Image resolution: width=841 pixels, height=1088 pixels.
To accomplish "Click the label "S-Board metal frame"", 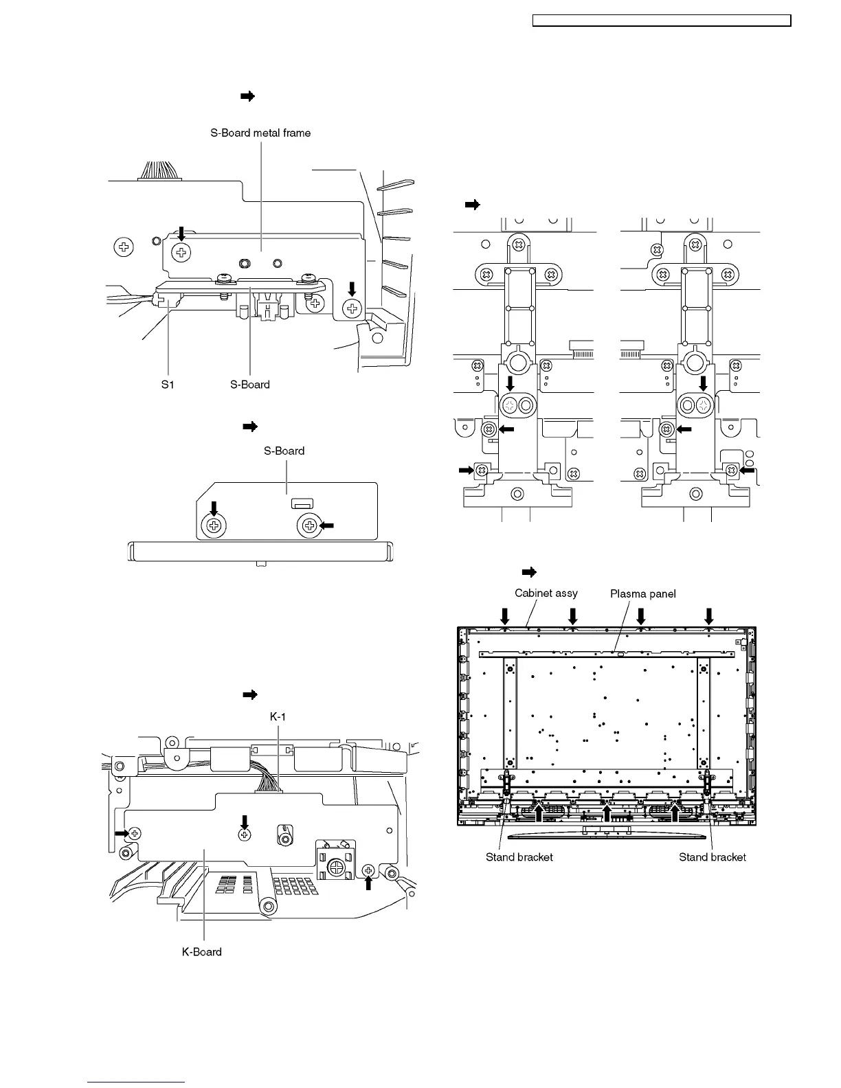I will (260, 133).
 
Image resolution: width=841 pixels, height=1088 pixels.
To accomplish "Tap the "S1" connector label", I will (168, 385).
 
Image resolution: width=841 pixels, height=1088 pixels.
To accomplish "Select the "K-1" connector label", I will (278, 716).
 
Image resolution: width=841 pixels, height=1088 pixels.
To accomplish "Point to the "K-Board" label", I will (202, 951).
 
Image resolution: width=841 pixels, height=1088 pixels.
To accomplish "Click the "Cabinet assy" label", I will (546, 593).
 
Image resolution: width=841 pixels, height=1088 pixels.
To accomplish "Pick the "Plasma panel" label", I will (643, 593).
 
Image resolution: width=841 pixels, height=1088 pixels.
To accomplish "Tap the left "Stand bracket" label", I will (519, 857).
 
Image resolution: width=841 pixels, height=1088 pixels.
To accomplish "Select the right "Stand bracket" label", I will (713, 857).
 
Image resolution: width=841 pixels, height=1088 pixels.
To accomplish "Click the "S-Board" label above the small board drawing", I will (284, 451).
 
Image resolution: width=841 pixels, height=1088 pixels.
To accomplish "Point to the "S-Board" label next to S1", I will (250, 385).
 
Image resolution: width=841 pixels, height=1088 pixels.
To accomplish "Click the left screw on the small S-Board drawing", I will (214, 526).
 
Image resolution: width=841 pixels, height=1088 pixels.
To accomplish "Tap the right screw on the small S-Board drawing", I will (309, 526).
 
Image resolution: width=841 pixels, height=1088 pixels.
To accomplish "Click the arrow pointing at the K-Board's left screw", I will (120, 832).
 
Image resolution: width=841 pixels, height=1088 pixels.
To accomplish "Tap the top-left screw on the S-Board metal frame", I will (181, 253).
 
